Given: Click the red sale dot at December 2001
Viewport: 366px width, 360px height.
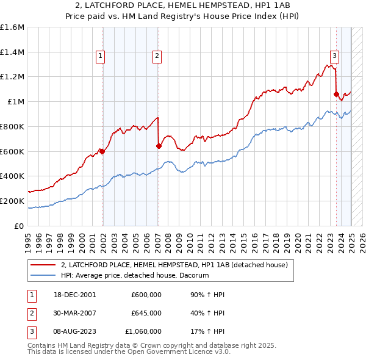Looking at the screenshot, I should click(x=102, y=152).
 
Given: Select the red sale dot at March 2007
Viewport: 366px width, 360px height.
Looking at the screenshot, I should click(x=159, y=146).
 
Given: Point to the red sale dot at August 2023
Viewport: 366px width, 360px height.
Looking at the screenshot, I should click(x=336, y=94).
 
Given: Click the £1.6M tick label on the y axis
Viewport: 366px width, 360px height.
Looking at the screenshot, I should click(x=12, y=27).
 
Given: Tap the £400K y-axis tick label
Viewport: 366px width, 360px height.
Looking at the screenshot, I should click(x=12, y=176).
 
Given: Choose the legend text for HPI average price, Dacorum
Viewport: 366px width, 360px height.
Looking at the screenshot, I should click(x=135, y=275).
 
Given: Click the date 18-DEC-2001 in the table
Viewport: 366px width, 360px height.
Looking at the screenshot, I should click(x=75, y=295).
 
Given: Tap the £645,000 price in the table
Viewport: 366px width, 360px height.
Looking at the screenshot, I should click(x=146, y=313).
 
